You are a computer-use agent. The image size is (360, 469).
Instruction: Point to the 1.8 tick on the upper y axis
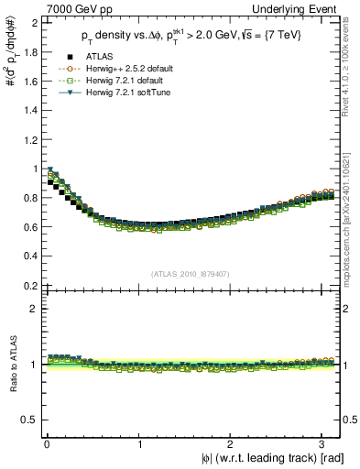click(29, 51)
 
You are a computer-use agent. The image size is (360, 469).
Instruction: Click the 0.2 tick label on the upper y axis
click(29, 286)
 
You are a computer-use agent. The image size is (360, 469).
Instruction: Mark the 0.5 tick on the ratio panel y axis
click(29, 420)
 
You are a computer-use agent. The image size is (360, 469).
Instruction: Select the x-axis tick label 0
click(46, 443)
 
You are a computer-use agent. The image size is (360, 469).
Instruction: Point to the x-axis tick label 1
click(139, 443)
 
